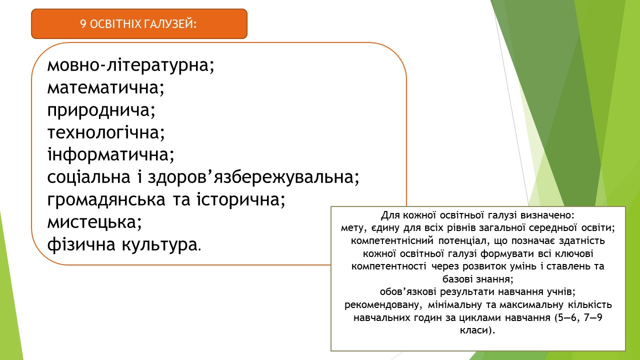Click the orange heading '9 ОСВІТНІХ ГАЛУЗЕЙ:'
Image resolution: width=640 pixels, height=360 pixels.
click(138, 24)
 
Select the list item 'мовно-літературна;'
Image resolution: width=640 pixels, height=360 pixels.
click(131, 65)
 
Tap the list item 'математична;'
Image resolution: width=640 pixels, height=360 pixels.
click(106, 87)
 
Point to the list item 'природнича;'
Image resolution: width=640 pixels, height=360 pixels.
click(101, 110)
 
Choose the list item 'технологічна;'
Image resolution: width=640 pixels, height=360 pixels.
click(106, 132)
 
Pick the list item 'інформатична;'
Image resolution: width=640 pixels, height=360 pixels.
click(110, 154)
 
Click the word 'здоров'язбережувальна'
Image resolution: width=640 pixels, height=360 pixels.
click(251, 177)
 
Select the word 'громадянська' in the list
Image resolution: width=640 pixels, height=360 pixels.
click(106, 199)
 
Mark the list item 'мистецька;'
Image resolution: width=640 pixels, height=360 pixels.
click(94, 221)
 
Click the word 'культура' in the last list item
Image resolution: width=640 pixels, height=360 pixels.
click(159, 244)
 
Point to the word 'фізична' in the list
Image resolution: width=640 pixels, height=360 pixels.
click(81, 244)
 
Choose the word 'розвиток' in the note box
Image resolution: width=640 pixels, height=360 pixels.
click(483, 266)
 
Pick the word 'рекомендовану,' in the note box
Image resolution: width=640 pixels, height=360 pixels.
click(383, 305)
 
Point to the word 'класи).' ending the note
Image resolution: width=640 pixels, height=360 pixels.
click(477, 330)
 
